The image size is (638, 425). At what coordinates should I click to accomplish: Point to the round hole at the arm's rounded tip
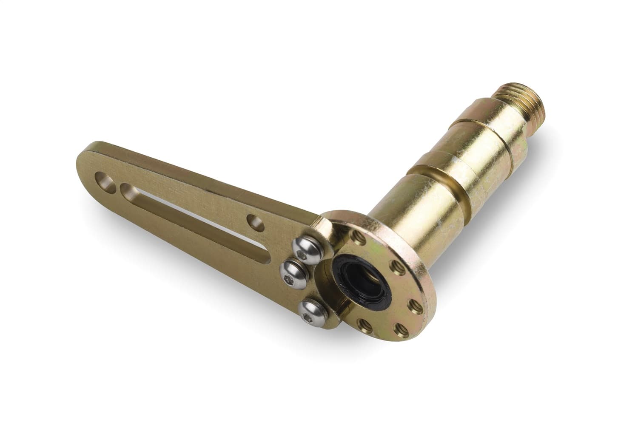pyautogui.click(x=105, y=179)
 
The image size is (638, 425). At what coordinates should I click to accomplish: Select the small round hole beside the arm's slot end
pyautogui.click(x=256, y=221)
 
